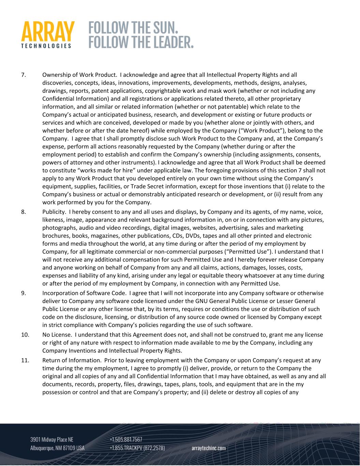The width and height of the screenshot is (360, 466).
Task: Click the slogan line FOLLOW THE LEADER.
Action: coord(141,42)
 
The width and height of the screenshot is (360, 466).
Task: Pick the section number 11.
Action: coord(25,360)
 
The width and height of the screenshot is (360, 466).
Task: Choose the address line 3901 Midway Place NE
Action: coord(52,439)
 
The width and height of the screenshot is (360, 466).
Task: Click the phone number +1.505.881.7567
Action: coord(126,439)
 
